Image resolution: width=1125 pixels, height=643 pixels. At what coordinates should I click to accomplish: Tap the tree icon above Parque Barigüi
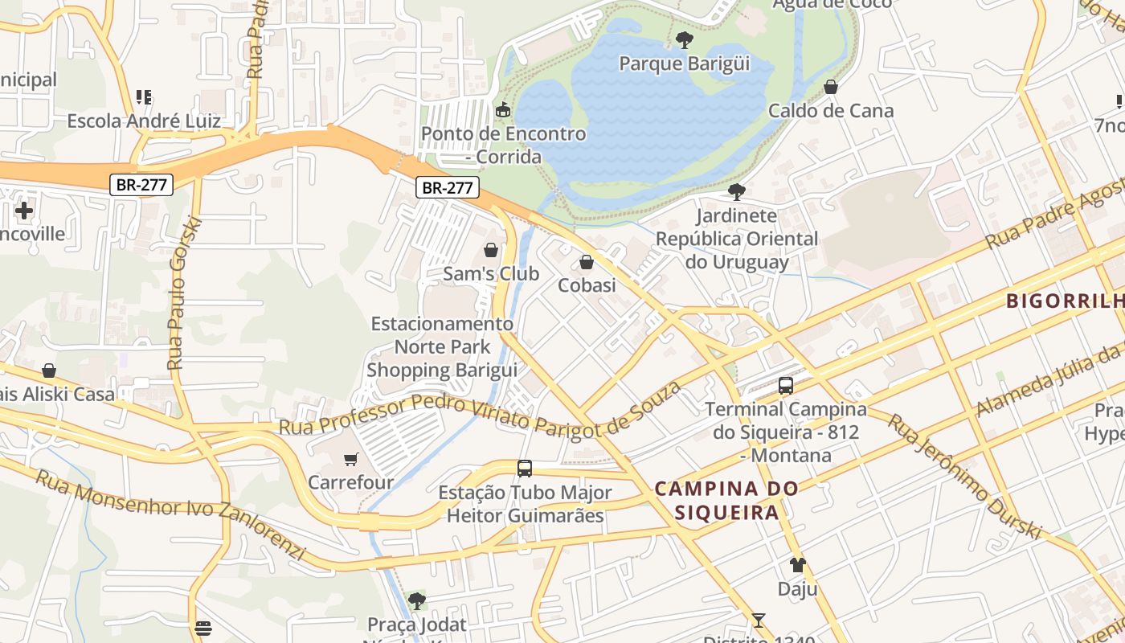[x=684, y=39]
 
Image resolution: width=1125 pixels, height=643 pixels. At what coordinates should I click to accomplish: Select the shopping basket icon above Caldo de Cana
[x=831, y=86]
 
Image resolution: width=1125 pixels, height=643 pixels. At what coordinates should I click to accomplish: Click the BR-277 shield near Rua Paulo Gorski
[x=141, y=185]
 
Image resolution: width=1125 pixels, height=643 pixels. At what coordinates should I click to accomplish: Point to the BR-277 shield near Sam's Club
[x=448, y=188]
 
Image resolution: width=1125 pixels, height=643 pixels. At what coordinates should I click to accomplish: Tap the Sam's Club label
[x=491, y=274]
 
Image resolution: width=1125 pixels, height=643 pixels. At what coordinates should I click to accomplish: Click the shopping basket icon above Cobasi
[x=587, y=262]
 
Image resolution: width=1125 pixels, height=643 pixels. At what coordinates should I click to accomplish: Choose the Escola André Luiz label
[x=144, y=121]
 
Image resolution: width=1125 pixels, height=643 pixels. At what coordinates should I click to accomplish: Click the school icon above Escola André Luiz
[x=144, y=97]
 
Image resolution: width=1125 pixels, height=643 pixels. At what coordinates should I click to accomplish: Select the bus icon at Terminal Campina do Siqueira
[x=786, y=386]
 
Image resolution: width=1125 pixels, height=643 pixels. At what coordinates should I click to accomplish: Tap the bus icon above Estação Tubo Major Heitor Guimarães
[x=525, y=468]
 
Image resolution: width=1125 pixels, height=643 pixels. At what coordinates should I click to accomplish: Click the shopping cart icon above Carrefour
[x=350, y=459]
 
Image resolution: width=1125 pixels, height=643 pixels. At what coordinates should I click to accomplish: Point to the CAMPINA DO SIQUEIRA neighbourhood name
[x=726, y=500]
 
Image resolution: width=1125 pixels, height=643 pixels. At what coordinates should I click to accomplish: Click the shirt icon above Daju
[x=797, y=565]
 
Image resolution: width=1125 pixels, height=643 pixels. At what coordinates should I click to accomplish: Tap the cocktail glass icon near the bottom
[x=758, y=620]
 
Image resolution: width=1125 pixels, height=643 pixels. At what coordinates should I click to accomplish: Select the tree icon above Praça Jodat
[x=416, y=600]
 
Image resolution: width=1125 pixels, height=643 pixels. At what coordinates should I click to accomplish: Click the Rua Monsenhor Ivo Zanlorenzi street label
[x=170, y=515]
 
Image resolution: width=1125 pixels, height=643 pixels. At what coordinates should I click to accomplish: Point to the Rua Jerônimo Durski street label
[x=964, y=477]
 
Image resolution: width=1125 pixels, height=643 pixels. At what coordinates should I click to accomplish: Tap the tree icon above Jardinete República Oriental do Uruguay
[x=736, y=191]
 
